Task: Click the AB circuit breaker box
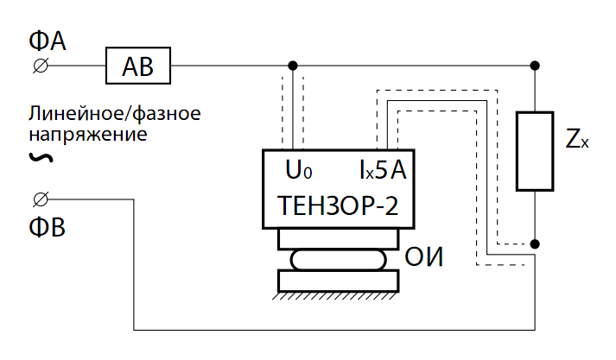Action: click(x=138, y=66)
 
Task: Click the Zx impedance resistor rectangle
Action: click(x=535, y=151)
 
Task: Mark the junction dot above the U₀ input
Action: click(x=293, y=66)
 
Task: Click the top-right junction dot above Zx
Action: click(x=535, y=66)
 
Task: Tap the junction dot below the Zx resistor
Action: click(x=535, y=244)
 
